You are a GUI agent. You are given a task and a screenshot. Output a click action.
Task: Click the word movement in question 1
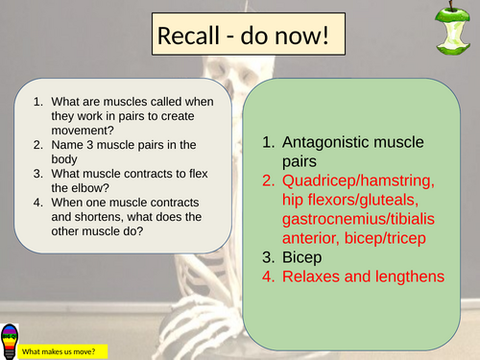[x=75, y=131]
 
